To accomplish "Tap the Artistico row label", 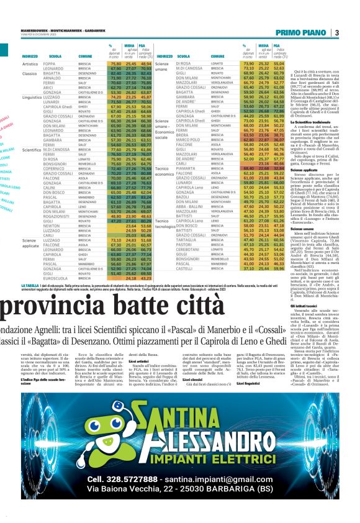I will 31,64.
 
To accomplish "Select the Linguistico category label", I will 32,98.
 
